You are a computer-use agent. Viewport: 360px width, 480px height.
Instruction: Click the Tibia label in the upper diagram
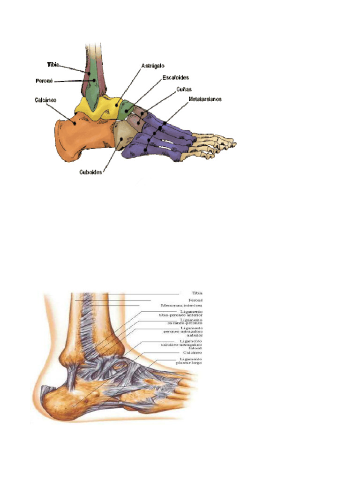point(53,64)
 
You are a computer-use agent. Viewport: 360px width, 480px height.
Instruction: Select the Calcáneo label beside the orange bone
point(45,100)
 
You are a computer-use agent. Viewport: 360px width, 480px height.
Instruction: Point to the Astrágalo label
point(153,66)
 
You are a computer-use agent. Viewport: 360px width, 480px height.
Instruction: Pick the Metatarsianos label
point(205,99)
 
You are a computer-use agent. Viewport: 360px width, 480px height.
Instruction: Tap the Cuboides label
point(90,172)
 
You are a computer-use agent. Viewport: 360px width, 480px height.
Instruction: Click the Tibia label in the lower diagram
point(197,293)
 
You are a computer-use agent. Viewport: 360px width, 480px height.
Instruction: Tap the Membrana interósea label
point(182,305)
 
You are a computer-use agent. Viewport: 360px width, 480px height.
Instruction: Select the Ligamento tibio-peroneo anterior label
point(184,314)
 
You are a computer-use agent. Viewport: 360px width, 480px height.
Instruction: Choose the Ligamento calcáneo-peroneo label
point(184,322)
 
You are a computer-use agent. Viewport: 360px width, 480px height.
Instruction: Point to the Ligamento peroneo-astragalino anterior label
point(185,332)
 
